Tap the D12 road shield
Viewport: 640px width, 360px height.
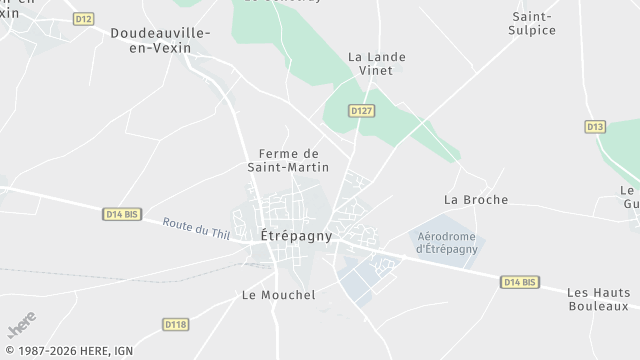[84, 19]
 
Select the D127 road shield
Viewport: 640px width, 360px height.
[362, 111]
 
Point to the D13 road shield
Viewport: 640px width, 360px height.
[596, 127]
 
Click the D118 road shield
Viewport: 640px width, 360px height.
[175, 324]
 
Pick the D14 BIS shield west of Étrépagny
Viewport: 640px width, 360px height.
[121, 213]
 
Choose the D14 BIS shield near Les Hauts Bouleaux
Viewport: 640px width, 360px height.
[519, 283]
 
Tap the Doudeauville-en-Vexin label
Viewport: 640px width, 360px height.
[160, 41]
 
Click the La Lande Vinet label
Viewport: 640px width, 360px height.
[377, 65]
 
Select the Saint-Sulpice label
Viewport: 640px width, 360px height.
[533, 24]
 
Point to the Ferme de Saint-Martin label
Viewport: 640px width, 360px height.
[288, 160]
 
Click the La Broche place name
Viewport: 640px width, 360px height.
[476, 200]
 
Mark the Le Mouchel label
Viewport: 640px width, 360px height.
[279, 295]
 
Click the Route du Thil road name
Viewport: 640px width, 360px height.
[197, 228]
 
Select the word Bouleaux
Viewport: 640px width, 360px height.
[598, 306]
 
